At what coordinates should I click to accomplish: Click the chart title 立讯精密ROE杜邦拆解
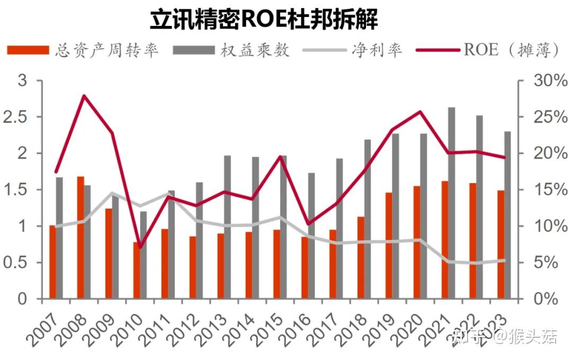[264, 20]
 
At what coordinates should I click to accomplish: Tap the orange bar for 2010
[137, 270]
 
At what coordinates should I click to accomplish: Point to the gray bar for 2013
[227, 227]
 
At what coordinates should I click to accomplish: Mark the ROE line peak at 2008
[84, 96]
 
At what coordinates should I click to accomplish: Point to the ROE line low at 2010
[140, 247]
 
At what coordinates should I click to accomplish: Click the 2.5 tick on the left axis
[14, 117]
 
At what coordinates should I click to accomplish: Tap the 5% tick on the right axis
[548, 263]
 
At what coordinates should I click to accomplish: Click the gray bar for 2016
[311, 236]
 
